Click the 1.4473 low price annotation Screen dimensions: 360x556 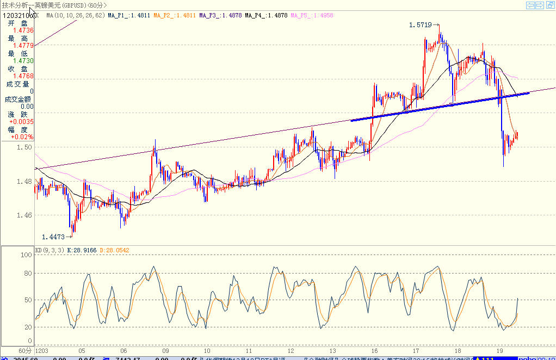[x=53, y=237]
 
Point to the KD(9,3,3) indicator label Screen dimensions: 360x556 [x=50, y=250]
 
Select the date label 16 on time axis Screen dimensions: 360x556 [x=375, y=351]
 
